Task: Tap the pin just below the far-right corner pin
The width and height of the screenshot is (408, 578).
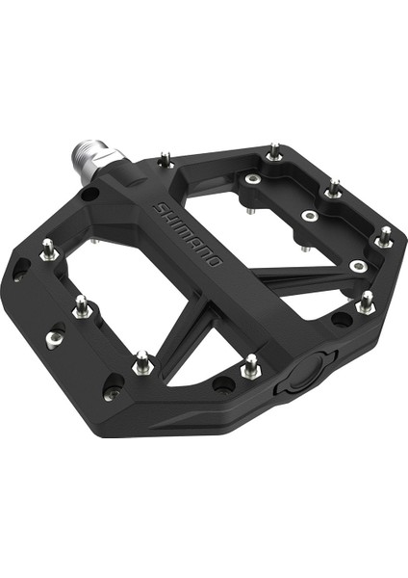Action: click(365, 302)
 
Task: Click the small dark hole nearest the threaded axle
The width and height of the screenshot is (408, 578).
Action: click(89, 195)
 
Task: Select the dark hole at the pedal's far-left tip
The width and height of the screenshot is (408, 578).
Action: click(19, 275)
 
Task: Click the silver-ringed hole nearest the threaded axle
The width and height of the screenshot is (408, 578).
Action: click(252, 179)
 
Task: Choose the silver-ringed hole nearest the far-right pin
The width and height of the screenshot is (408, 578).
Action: click(357, 265)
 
